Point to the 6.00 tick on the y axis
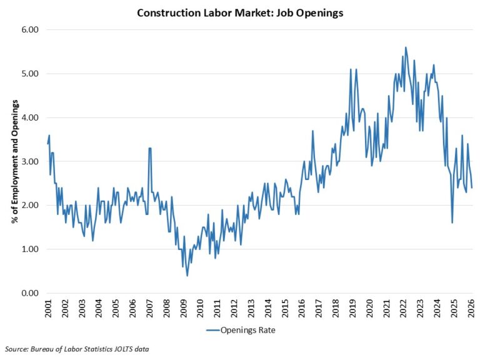coord(30,30)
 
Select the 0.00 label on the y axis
coord(30,293)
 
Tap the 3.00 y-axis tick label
coord(30,162)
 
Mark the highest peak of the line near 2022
coord(406,47)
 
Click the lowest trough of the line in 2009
coord(187,276)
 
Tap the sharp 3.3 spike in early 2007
coord(150,148)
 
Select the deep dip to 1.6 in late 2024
coord(452,222)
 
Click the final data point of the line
coord(472,187)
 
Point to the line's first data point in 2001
coord(48,144)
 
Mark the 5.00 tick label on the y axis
coord(30,74)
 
